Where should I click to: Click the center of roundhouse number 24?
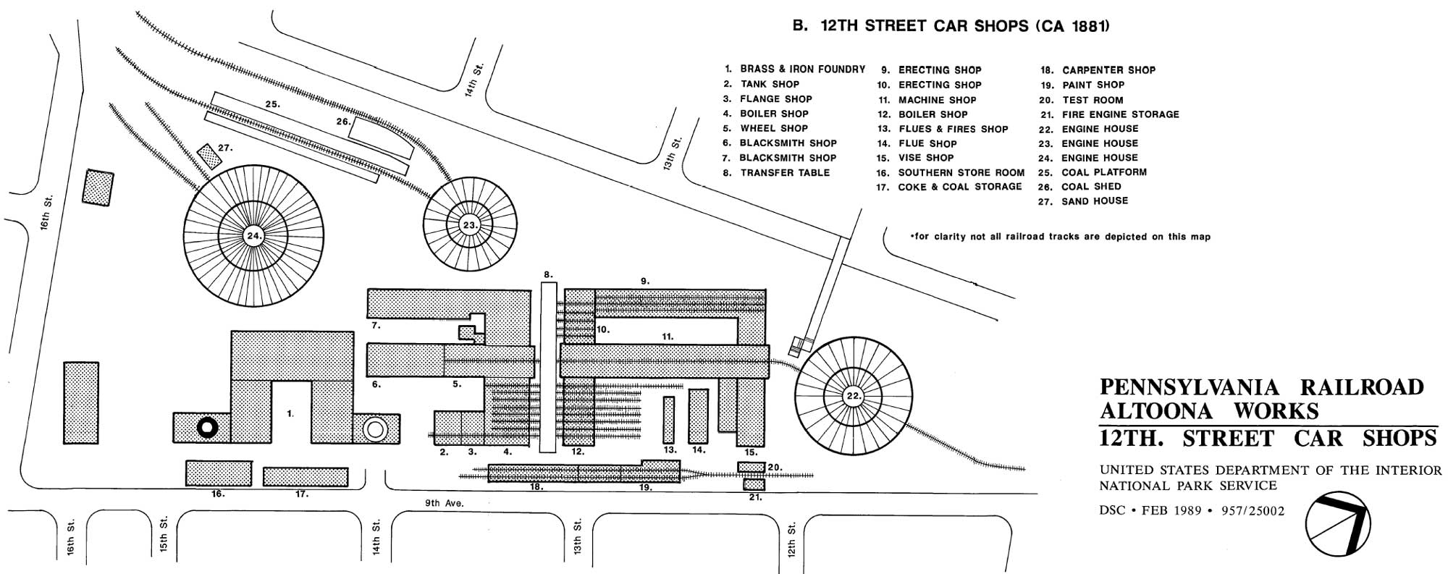coord(253,236)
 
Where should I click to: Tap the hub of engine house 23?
coord(471,225)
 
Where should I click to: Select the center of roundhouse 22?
coord(853,396)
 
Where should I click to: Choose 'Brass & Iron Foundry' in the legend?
coord(802,69)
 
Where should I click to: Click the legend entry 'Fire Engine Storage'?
coord(1120,114)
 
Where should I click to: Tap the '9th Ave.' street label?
coord(445,503)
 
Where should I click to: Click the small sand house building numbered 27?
coord(209,156)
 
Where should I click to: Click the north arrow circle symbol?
coord(1338,524)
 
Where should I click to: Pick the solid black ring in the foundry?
coord(208,428)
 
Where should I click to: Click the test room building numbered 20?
coord(752,467)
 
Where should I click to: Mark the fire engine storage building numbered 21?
coord(754,484)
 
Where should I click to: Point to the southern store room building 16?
coord(219,473)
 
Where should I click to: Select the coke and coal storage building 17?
coord(305,476)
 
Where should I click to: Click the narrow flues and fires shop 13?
coord(668,420)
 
